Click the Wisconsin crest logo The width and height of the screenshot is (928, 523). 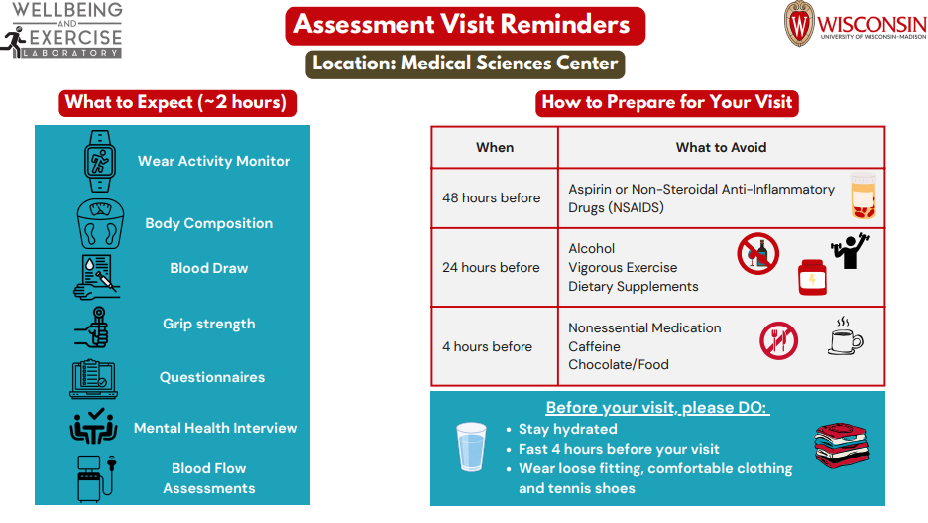(x=800, y=24)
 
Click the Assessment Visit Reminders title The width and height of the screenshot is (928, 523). (x=462, y=25)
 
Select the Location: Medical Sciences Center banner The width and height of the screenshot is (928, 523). (x=465, y=64)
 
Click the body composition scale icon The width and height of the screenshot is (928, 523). (x=100, y=223)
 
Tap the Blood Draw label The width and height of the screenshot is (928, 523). (x=208, y=268)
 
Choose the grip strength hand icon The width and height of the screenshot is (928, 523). (x=96, y=325)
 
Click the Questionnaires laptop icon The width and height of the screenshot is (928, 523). (x=95, y=378)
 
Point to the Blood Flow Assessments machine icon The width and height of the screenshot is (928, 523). (x=96, y=477)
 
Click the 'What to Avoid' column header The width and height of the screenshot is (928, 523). (x=721, y=147)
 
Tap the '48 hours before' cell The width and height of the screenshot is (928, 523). (x=492, y=197)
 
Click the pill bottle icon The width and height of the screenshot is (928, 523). (x=864, y=196)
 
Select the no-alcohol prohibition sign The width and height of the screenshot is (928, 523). (x=757, y=254)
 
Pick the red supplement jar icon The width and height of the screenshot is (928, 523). (x=812, y=277)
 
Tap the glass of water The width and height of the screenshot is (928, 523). (x=472, y=447)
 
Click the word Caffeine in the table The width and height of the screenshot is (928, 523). (x=594, y=346)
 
